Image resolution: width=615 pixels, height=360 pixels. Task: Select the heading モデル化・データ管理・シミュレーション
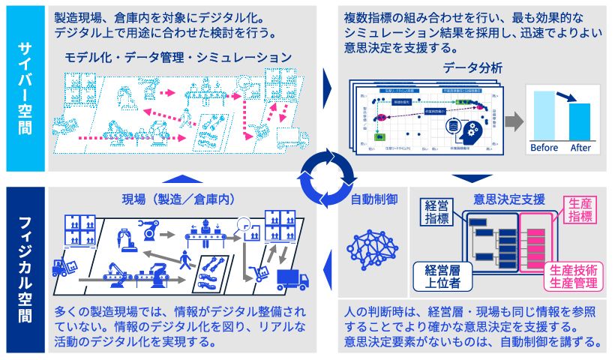click(178, 58)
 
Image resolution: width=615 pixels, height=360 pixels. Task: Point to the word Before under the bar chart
click(544, 148)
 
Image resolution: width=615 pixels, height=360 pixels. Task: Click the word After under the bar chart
click(580, 148)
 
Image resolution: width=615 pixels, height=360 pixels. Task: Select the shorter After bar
click(580, 121)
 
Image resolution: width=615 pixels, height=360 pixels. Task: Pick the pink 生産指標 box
click(571, 211)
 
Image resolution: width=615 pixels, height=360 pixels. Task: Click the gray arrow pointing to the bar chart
click(513, 120)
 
